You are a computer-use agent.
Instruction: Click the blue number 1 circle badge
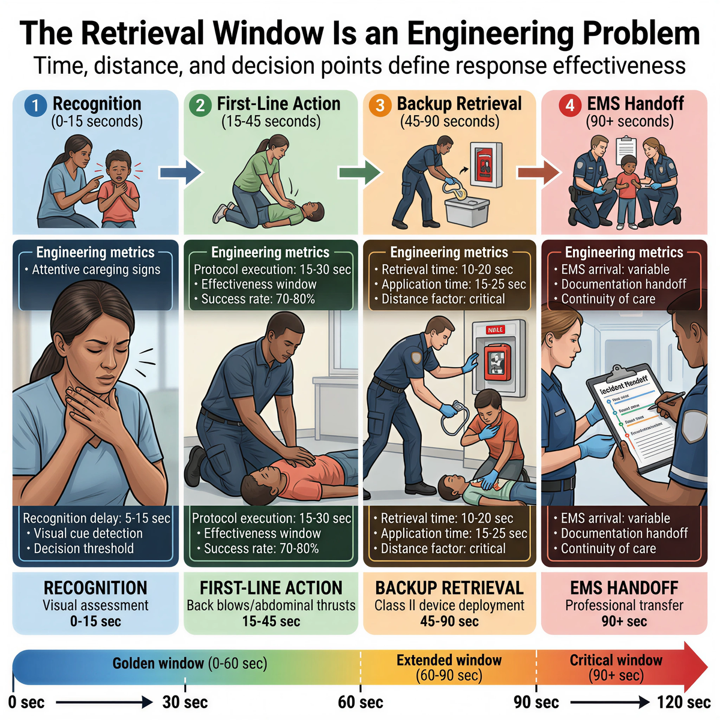point(35,106)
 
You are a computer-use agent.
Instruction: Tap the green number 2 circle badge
point(200,106)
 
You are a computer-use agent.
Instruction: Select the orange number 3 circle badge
point(380,106)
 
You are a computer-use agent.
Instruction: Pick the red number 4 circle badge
point(569,106)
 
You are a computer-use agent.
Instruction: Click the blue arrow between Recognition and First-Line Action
point(180,173)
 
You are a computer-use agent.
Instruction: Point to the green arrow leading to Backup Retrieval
point(359,173)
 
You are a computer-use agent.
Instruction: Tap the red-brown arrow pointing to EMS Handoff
point(538,173)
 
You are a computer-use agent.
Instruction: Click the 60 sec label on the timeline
point(361,702)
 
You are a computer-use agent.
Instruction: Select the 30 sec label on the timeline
point(185,702)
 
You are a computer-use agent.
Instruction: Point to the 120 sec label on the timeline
point(683,702)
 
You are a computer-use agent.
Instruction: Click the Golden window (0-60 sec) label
point(190,664)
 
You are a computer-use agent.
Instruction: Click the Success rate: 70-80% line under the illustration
point(261,548)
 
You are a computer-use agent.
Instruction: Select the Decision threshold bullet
point(83,548)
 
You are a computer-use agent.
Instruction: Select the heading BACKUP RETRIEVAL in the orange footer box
point(449,588)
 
